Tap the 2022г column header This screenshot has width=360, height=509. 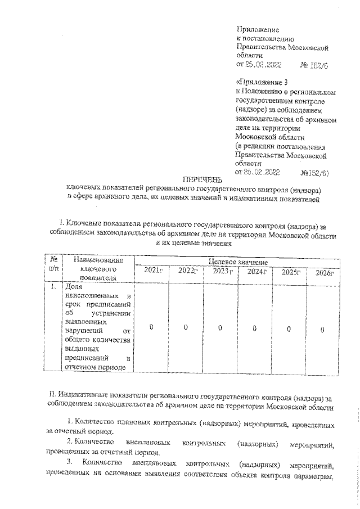click(187, 271)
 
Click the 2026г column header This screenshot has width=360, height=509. click(323, 273)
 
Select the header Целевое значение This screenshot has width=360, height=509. click(238, 262)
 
